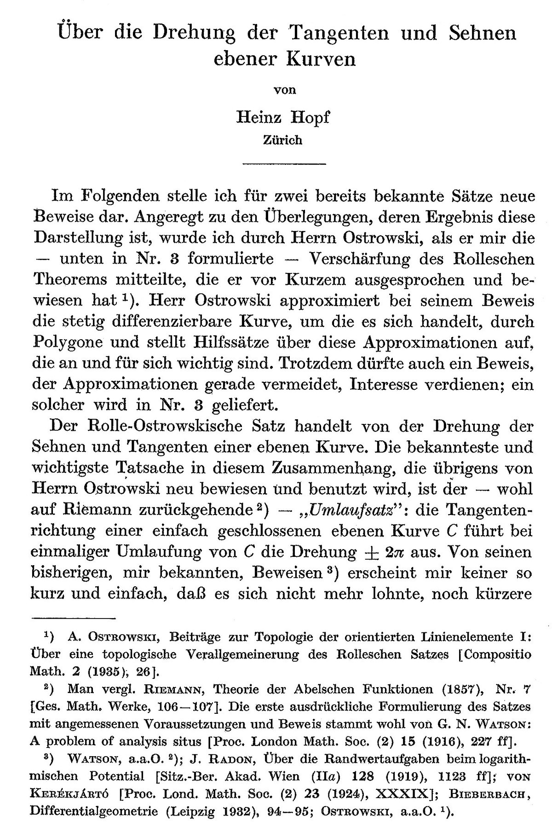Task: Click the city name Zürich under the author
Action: tap(282, 140)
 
